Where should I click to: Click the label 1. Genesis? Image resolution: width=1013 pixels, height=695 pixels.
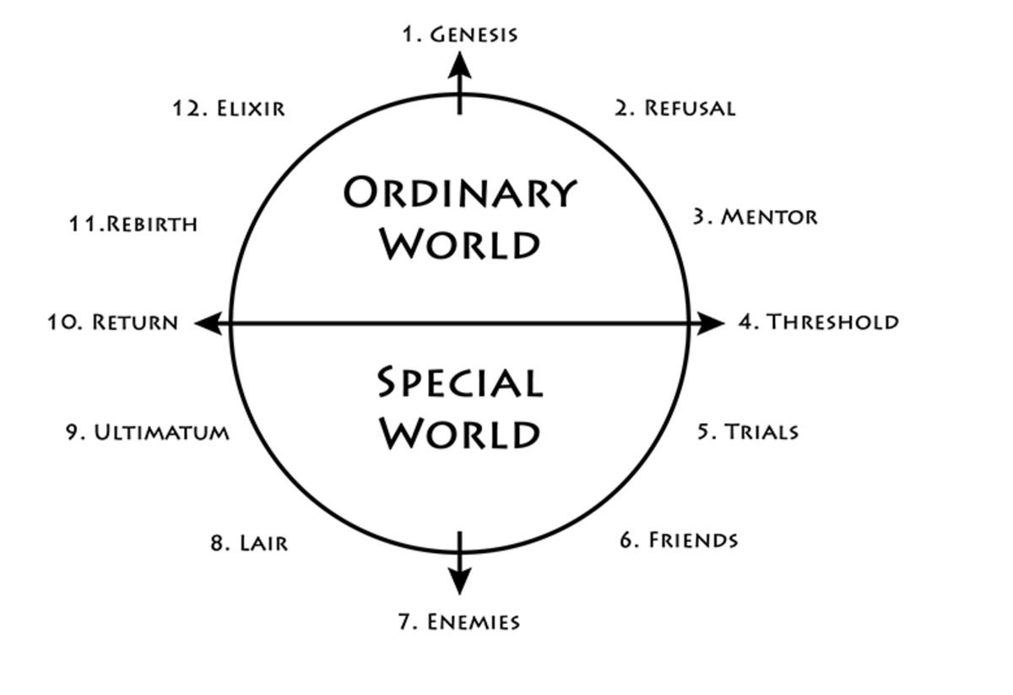[x=459, y=35]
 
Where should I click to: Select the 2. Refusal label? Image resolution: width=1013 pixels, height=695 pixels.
[x=674, y=108]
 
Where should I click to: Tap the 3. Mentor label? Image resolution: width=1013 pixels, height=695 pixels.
[x=755, y=217]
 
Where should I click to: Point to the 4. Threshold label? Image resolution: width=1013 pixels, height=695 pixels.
[x=818, y=322]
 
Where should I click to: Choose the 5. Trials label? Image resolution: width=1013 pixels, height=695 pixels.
[x=747, y=432]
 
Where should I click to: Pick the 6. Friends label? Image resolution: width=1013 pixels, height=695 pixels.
[x=679, y=540]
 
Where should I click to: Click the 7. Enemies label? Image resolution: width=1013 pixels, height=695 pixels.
[x=458, y=622]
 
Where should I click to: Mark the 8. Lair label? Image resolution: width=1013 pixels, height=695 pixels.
[x=249, y=543]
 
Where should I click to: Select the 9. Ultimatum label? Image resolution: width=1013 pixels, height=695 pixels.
[x=147, y=432]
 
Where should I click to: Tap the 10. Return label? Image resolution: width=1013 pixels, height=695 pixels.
[x=112, y=323]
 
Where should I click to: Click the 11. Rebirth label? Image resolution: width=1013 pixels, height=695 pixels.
[x=133, y=225]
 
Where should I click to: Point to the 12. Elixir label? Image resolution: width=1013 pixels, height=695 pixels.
[x=229, y=109]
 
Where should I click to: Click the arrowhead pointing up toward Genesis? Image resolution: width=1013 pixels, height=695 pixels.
[x=459, y=64]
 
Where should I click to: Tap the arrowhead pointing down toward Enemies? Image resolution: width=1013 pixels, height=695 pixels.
[x=459, y=581]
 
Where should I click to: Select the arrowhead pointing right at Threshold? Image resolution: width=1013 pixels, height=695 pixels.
[x=710, y=323]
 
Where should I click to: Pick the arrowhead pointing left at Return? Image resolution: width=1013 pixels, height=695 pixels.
[x=209, y=323]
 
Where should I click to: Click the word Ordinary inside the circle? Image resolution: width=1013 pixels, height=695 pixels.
[x=459, y=193]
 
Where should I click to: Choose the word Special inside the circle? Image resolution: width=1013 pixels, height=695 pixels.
[x=459, y=383]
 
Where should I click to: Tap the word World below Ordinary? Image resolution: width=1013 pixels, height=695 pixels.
[x=459, y=244]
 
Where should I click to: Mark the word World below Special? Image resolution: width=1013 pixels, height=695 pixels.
[x=459, y=434]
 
